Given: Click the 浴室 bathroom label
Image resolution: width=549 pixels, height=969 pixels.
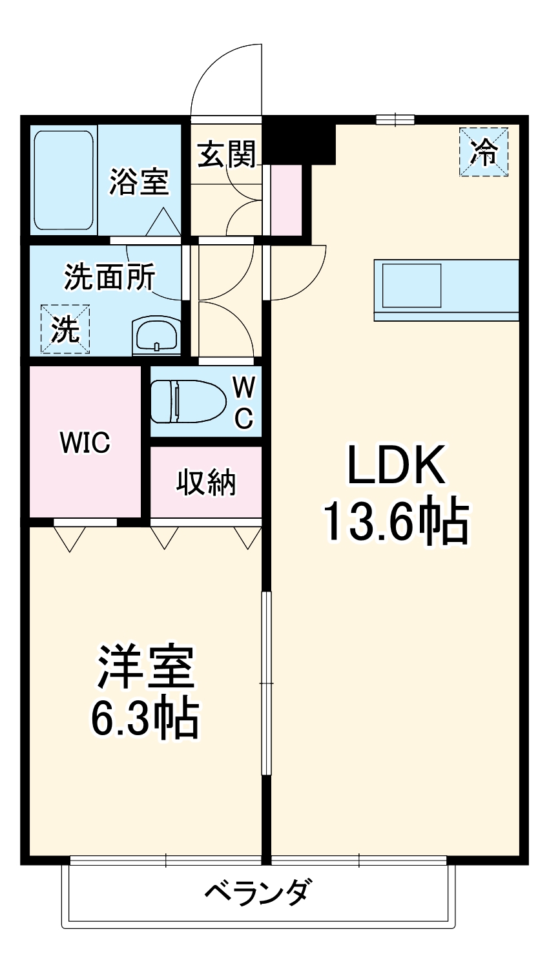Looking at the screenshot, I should point(139,182).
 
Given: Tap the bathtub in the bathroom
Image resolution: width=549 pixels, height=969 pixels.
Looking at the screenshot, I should point(63,180).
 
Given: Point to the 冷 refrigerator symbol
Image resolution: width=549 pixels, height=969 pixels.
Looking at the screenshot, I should point(484,152).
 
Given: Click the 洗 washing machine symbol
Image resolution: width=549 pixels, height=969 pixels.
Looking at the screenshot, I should point(65,330).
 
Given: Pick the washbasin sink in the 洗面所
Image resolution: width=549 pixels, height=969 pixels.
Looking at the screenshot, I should point(156,335).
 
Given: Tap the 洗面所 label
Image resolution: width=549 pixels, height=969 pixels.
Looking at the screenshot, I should point(109,277).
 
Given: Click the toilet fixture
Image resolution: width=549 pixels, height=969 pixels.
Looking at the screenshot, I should point(187,401).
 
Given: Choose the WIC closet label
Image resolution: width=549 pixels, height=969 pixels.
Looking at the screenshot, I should point(85,443).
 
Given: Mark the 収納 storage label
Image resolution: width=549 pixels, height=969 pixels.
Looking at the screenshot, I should point(206,482).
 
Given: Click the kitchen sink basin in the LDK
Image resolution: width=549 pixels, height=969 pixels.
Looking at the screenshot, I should point(412,285).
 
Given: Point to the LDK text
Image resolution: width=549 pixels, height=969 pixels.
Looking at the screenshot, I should point(396,466).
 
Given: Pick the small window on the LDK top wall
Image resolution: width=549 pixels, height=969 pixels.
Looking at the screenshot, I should point(395,119).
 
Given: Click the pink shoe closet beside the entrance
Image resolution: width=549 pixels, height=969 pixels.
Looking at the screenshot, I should point(286,200).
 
